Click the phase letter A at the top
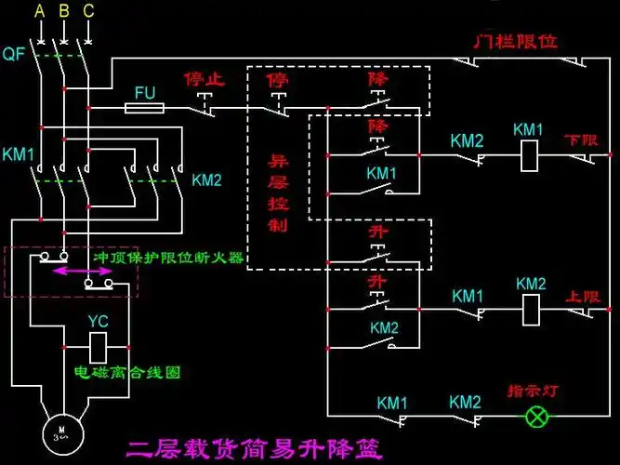tap(39, 11)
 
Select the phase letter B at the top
tap(63, 11)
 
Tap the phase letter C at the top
tap(88, 11)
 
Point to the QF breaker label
tap(13, 54)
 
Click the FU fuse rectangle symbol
tap(145, 109)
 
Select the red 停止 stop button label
tap(204, 80)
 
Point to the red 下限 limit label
tap(583, 140)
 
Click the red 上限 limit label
tap(583, 296)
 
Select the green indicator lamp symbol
tap(537, 417)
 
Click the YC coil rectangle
tap(99, 347)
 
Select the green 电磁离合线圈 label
tap(127, 371)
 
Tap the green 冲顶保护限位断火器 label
tap(168, 257)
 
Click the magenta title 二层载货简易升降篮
tap(263, 451)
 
